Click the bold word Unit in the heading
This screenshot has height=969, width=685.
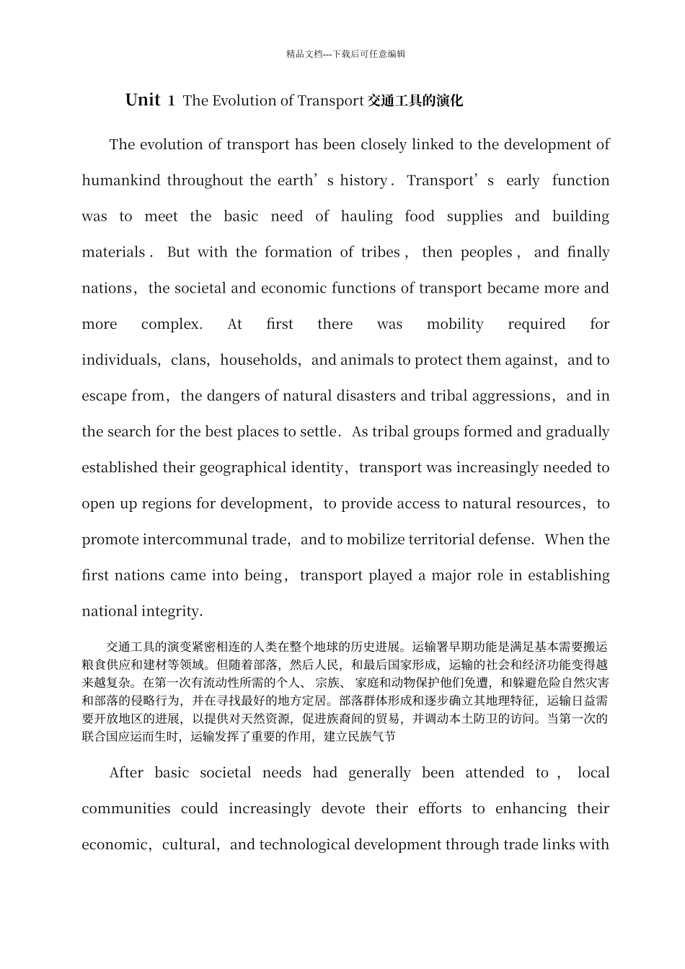(142, 100)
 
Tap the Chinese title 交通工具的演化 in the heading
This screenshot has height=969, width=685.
(415, 101)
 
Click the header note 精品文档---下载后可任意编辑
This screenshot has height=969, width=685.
(345, 54)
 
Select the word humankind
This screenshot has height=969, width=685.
(121, 181)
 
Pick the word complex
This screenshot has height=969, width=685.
(172, 324)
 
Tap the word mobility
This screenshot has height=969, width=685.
(455, 324)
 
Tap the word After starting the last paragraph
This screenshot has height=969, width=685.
(126, 774)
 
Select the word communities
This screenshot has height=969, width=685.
(126, 809)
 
